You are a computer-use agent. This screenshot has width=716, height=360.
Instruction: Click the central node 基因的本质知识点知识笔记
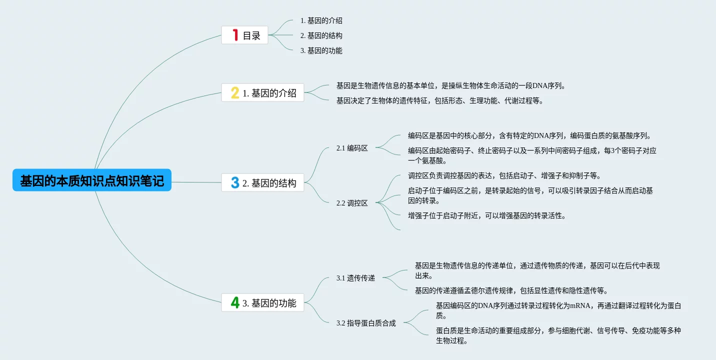click(x=92, y=180)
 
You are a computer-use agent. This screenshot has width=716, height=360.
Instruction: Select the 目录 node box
click(x=245, y=35)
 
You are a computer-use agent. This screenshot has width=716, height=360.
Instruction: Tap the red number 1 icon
click(x=235, y=35)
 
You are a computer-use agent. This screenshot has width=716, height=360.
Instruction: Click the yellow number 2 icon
click(x=235, y=93)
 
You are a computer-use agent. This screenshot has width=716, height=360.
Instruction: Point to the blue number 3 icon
click(x=235, y=183)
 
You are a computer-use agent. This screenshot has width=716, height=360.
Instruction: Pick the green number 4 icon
click(x=235, y=302)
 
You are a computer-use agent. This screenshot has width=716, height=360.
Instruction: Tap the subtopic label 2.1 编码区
click(x=352, y=148)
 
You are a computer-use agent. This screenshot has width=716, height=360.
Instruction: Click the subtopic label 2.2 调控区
click(x=352, y=203)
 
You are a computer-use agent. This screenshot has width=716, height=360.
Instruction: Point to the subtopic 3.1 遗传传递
click(x=355, y=278)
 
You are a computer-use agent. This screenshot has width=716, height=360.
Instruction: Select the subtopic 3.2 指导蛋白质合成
click(x=366, y=323)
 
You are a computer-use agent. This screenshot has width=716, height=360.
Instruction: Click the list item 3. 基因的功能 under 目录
click(x=321, y=50)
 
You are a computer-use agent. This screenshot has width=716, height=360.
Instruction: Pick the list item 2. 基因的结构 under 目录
click(x=321, y=35)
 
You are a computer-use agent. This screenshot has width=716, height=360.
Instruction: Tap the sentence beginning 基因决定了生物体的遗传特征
click(x=439, y=100)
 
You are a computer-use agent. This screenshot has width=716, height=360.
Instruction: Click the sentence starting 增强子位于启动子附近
click(x=486, y=215)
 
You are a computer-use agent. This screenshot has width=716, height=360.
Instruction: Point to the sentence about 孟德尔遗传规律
click(x=511, y=290)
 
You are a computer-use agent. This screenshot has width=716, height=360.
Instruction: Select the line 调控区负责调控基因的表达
click(x=504, y=175)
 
